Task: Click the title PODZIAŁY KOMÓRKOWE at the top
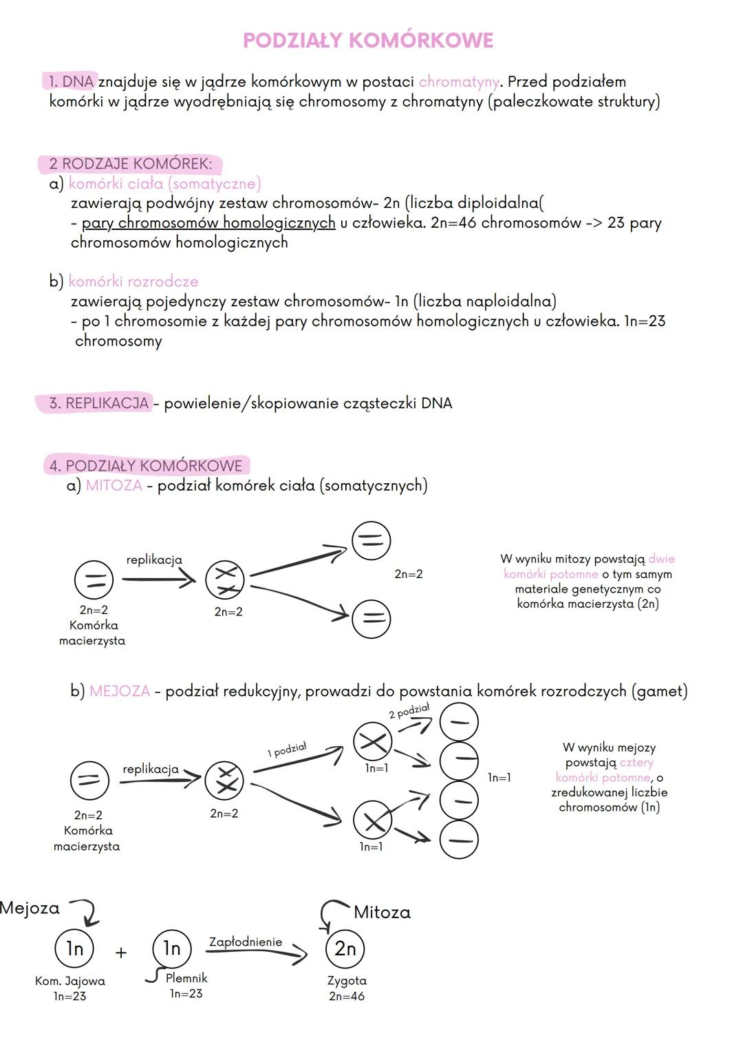368,41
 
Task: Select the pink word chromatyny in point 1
458,82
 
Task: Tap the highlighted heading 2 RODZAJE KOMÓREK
130,164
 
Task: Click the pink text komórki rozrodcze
133,282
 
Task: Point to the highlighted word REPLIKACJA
107,403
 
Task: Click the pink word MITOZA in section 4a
114,486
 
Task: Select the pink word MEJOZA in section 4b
120,691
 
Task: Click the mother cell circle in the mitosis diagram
94,580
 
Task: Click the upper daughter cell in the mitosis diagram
371,540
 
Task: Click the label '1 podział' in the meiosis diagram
287,750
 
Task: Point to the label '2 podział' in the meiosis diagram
409,711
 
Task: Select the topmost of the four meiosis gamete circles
459,722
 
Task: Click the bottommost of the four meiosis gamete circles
459,840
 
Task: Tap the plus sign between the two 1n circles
121,953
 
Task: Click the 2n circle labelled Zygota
345,949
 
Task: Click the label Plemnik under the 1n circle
186,978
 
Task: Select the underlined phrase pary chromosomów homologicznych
208,223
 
